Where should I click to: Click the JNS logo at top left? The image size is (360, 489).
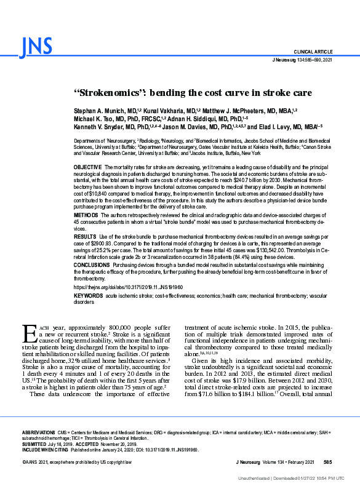pos(36,46)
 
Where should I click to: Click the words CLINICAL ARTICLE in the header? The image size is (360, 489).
pos(314,52)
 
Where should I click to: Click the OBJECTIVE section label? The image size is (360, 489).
pos(88,167)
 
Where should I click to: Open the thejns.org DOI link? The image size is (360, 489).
pos(128,287)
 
